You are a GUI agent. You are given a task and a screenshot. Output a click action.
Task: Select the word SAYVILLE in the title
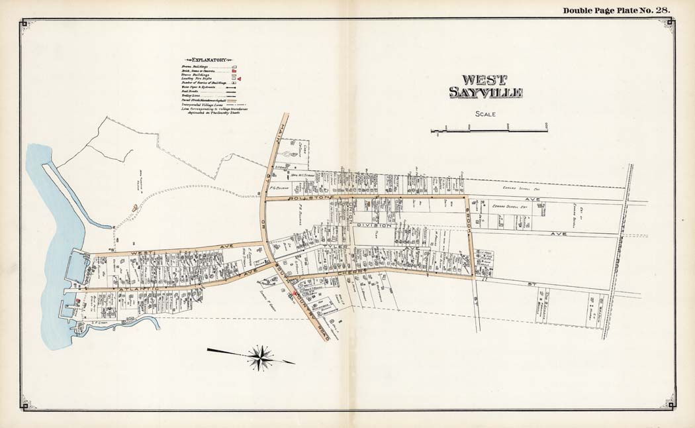click(x=486, y=93)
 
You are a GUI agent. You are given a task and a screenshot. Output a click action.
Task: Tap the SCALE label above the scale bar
click(x=486, y=114)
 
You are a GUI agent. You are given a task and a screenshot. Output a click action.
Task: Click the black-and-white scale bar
click(x=489, y=131)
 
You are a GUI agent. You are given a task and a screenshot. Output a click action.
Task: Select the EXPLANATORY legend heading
click(x=208, y=59)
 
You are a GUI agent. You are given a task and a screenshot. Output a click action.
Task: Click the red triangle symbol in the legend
click(x=240, y=79)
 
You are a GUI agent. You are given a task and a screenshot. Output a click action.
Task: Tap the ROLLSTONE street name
click(x=304, y=197)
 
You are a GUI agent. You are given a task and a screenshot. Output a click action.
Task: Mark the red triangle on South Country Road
click(x=288, y=292)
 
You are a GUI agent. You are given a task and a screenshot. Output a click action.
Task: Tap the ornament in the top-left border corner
click(x=24, y=25)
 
